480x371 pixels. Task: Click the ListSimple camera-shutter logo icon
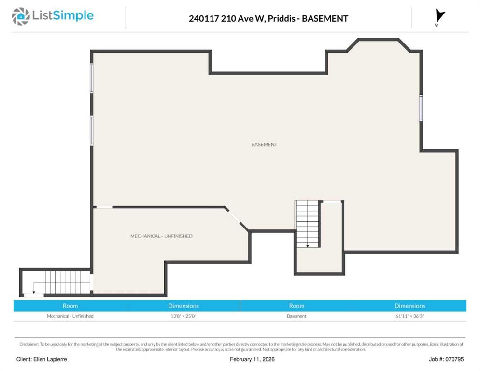coord(21,16)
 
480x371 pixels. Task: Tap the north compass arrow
coord(440,16)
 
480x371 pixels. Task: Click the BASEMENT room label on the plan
coord(264,144)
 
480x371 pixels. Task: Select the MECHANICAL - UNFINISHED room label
coord(161,236)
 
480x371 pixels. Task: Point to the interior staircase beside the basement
coord(307,224)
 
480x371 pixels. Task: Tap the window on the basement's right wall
coord(421,108)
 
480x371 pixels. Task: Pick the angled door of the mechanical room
coord(234,216)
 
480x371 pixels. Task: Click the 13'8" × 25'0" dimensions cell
coord(184,316)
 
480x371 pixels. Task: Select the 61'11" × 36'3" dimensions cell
coord(409,316)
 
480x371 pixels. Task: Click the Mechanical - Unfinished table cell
coord(70,316)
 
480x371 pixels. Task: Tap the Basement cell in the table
coord(296,316)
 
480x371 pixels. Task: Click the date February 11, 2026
coord(252,359)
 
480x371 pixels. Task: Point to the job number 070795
coord(454,359)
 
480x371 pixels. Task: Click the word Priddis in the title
coord(282,19)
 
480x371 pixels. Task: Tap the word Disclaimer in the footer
coord(29,344)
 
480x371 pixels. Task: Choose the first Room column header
coord(70,306)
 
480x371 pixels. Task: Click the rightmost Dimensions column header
coord(409,306)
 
